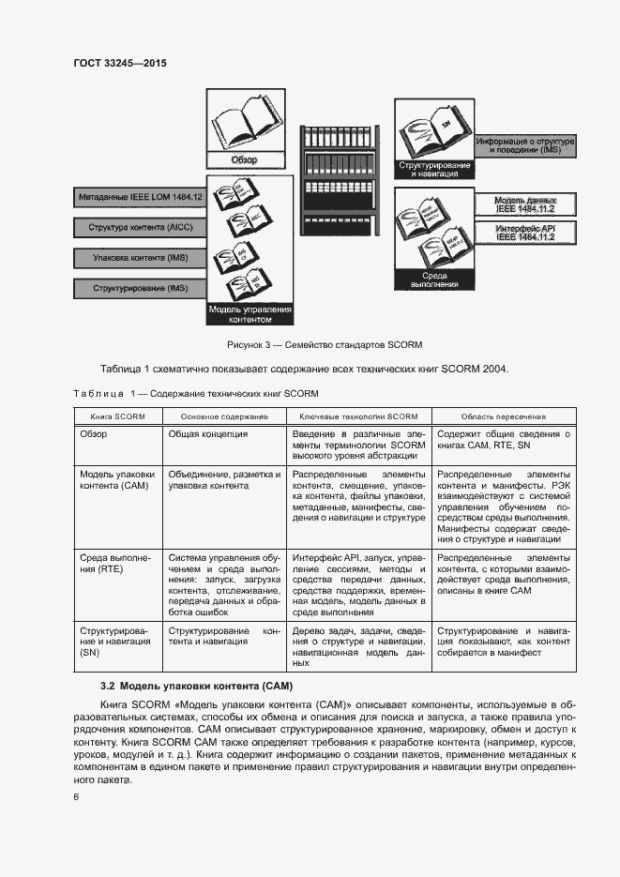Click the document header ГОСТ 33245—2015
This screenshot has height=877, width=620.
coord(120,63)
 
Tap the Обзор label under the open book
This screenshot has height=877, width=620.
coord(244,159)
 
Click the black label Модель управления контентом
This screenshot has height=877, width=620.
coord(250,314)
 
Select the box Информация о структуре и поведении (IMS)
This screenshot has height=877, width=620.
coord(525,145)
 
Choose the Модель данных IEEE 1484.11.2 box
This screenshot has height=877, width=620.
coord(525,204)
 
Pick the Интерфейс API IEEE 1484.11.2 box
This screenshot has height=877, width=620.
coord(525,233)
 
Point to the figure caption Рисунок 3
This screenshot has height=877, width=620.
coord(309,346)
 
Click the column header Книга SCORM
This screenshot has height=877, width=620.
coord(117,416)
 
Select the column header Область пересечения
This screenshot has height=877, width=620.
coord(504,416)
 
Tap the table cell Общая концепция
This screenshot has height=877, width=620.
coord(208,434)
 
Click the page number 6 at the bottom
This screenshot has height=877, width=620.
coord(76,797)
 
